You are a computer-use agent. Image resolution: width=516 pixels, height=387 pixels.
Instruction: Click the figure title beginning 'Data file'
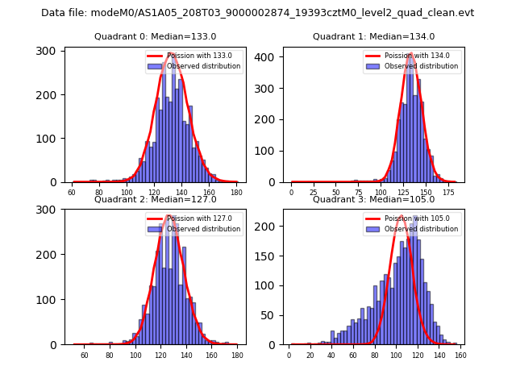(x=258, y=13)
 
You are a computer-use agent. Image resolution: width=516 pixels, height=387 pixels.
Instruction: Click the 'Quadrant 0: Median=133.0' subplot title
(x=156, y=36)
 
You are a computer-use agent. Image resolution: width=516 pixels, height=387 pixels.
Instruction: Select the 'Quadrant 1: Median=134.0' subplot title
(x=373, y=36)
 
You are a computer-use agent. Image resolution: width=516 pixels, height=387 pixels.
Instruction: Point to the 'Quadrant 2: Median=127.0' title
(x=156, y=199)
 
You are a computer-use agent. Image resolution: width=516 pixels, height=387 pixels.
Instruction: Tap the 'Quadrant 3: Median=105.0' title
(x=373, y=199)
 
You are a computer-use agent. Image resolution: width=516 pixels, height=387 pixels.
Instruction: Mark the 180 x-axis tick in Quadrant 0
(x=236, y=193)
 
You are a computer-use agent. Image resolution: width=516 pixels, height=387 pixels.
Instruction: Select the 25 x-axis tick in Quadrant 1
(x=313, y=193)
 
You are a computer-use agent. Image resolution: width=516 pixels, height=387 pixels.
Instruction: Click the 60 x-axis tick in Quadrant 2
(x=85, y=356)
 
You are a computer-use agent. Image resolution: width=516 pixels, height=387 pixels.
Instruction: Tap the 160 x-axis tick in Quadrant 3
(x=460, y=356)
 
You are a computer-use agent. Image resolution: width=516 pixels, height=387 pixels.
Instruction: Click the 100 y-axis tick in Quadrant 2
(x=50, y=299)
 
